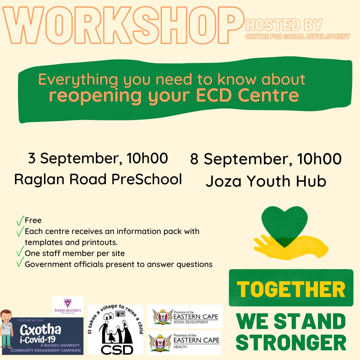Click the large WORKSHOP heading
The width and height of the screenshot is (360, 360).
pos(123,25)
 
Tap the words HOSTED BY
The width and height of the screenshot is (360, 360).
pos(284,25)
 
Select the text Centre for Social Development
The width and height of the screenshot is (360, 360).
pos(298,37)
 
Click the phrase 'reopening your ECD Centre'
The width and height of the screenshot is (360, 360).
pos(174,96)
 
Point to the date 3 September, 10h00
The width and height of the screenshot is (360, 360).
pos(98,158)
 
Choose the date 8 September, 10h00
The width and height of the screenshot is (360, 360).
pos(266,159)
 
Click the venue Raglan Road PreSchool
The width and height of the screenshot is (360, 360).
pos(98,179)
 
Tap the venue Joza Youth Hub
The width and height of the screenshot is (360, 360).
pos(266,181)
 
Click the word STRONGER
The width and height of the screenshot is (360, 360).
pos(291,342)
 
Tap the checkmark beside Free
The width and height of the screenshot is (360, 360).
pos(20,221)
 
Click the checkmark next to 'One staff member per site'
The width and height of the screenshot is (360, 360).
pos(20,251)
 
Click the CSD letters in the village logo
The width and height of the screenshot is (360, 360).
pos(117,349)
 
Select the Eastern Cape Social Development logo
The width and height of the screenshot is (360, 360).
pos(185,316)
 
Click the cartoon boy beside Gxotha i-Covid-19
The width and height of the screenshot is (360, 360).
pos(6,329)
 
